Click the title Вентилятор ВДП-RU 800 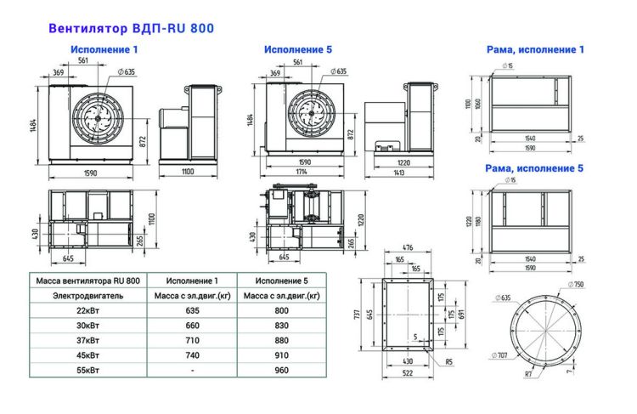(x=131, y=28)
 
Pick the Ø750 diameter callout (x=578, y=285)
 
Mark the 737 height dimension (x=359, y=315)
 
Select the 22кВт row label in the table (x=87, y=311)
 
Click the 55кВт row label (x=87, y=371)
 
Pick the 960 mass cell (x=281, y=371)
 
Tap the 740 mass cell (x=192, y=355)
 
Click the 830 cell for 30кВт (x=281, y=326)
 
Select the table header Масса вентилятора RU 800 (x=88, y=280)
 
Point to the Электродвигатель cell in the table (x=88, y=296)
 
